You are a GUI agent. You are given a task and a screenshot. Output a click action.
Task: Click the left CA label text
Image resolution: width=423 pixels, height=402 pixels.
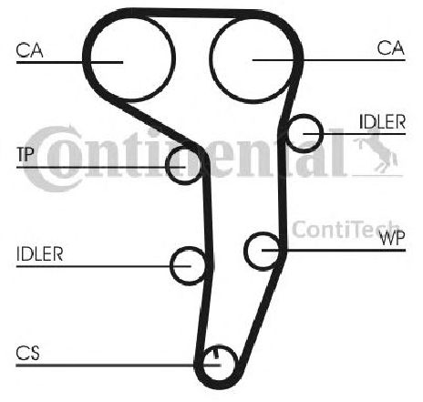[29, 50]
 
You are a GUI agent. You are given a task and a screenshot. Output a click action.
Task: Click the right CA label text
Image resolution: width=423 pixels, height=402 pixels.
[391, 48]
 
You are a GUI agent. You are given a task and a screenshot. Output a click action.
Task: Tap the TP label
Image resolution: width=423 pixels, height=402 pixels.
[26, 154]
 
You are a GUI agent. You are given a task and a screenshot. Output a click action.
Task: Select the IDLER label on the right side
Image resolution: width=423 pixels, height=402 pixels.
[382, 122]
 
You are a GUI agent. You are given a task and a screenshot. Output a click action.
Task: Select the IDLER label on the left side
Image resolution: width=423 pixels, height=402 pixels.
[40, 254]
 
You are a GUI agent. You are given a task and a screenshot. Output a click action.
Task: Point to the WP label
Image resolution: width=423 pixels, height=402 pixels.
[392, 238]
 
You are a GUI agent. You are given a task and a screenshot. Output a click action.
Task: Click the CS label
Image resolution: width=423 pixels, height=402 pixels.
[27, 353]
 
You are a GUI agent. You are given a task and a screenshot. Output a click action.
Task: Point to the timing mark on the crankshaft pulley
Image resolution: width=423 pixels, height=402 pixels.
[216, 353]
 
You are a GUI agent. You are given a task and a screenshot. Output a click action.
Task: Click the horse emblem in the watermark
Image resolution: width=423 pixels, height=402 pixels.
[376, 149]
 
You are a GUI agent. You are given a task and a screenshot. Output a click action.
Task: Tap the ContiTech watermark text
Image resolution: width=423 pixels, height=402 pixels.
[345, 230]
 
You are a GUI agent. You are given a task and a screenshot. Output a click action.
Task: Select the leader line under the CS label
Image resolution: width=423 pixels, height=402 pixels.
[118, 365]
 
